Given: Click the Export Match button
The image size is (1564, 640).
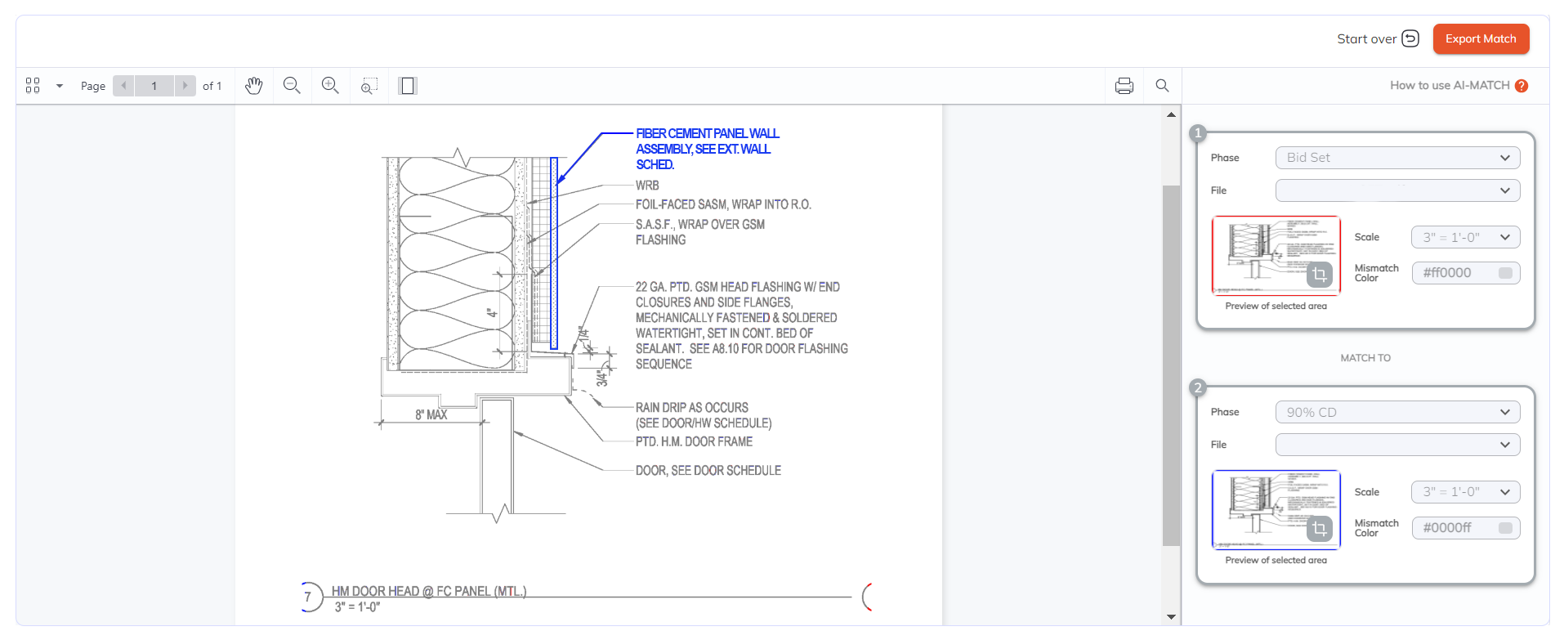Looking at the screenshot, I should coord(1480,39).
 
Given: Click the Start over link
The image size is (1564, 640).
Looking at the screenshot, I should coord(1378,39).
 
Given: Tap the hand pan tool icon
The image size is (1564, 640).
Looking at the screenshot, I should coord(254,86).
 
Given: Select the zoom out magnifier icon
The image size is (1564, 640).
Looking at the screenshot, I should coord(292,86).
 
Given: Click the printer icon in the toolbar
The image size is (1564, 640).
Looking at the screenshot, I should coord(1124,86).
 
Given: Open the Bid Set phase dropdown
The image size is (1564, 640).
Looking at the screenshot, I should coord(1397,158).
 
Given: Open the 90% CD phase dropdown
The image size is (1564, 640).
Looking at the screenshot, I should coord(1397,412).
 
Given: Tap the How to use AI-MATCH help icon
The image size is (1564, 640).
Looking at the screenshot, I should coord(1522,86).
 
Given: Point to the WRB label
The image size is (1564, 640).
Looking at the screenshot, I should coord(647,186).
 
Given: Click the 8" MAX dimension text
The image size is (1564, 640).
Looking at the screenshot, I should coord(431,415).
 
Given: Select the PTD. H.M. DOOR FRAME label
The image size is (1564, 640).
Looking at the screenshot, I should coord(694,442).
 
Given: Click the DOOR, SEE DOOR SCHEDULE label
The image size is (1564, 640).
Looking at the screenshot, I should coord(708,471).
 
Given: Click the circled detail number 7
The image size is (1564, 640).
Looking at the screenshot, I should coord(308,597).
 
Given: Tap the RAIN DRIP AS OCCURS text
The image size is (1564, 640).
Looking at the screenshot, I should coord(691,408).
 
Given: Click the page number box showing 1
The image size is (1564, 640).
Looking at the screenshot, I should coord(154,86).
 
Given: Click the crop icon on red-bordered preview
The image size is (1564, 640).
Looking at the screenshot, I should coord(1319,275).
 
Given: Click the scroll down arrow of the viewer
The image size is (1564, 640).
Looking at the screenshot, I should coord(1171,617).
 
